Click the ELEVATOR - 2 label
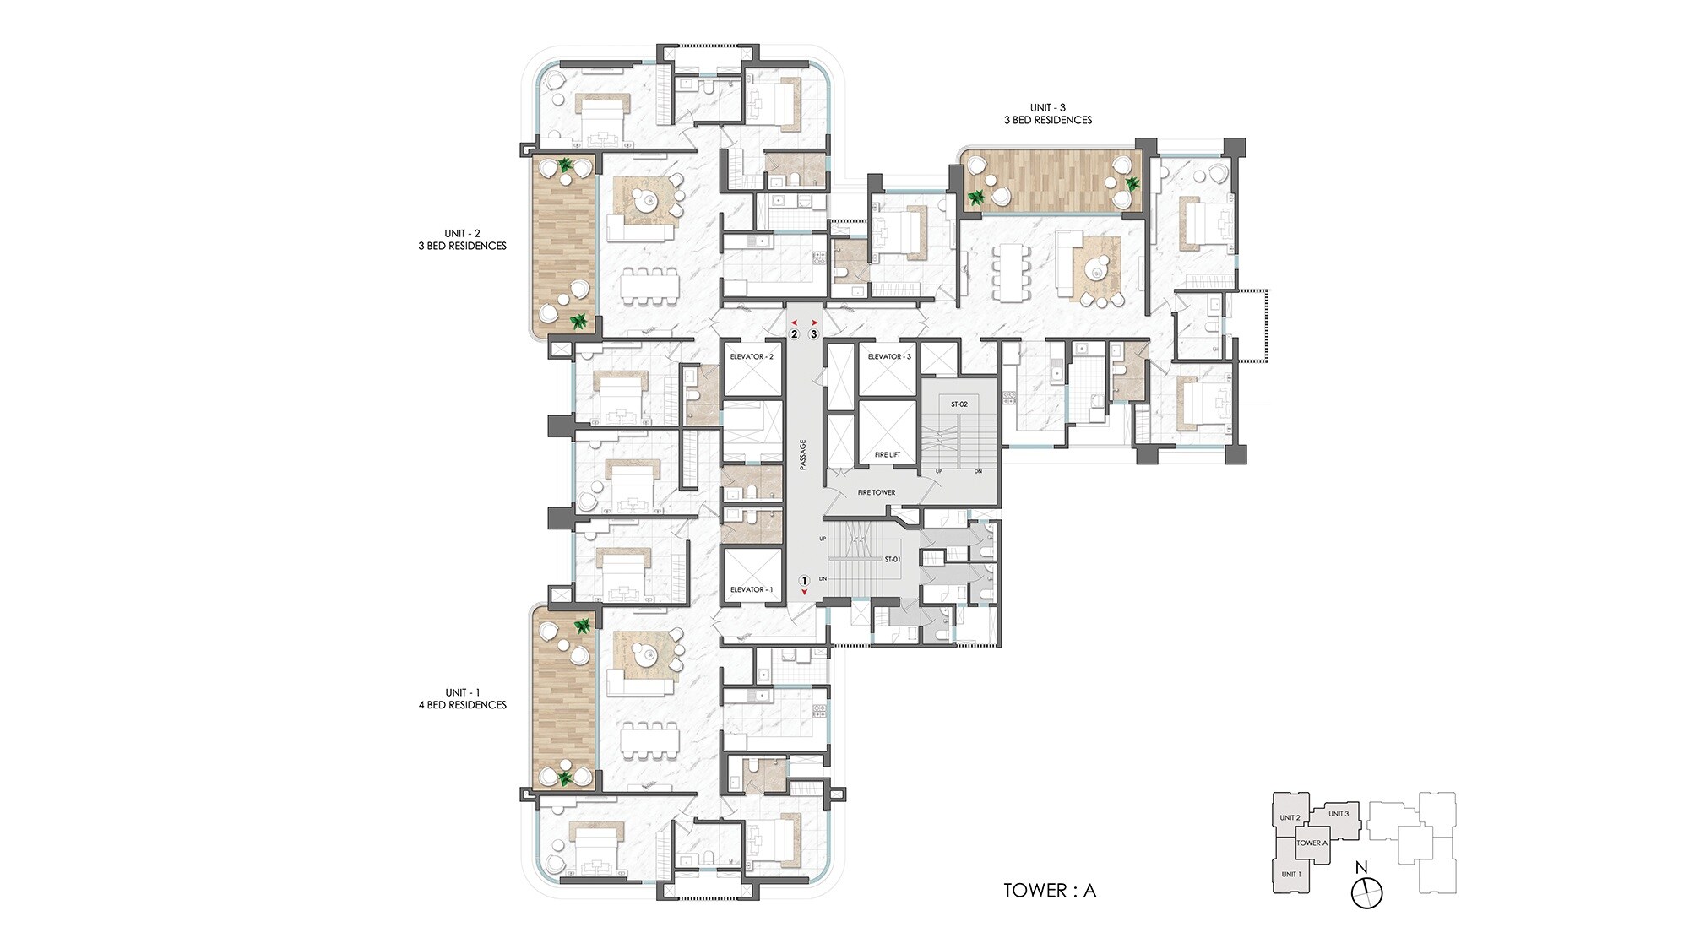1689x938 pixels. [x=752, y=357]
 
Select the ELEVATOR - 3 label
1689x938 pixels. [x=889, y=357]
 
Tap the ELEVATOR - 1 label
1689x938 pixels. [x=752, y=589]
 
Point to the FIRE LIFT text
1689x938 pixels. [x=888, y=455]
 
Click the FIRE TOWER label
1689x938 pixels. [x=877, y=492]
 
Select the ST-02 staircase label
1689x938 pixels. [x=959, y=404]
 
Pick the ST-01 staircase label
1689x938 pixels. [x=893, y=559]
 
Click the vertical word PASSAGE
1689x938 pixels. [x=803, y=454]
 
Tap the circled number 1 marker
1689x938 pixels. [x=804, y=581]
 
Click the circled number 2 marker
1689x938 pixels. [x=794, y=334]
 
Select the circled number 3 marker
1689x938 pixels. [x=814, y=334]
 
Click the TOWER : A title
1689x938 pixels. [x=1050, y=891]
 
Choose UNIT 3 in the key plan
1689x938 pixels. [x=1339, y=814]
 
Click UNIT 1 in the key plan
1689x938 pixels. [x=1291, y=874]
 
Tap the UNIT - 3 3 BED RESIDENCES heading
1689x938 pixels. [x=1047, y=114]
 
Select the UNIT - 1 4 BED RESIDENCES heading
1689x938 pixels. [x=463, y=698]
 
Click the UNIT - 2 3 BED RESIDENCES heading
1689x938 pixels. [x=463, y=240]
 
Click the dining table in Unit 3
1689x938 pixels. [x=1012, y=272]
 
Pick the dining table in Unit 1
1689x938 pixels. [x=649, y=743]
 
